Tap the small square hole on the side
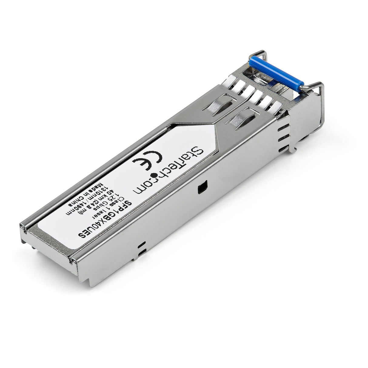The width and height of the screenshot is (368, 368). click(201, 188)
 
